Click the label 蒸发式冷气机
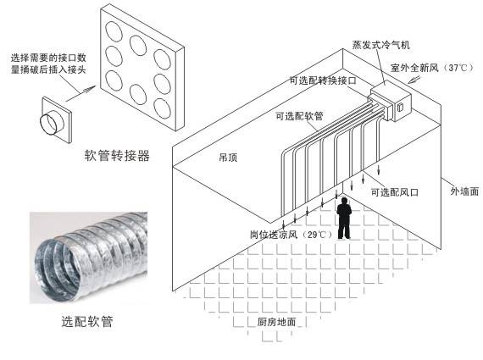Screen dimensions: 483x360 (x=381, y=45)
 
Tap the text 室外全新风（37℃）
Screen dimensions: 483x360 (x=432, y=68)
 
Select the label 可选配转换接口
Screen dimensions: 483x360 (x=323, y=80)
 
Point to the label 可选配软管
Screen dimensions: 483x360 (x=299, y=116)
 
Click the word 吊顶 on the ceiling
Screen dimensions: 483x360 (x=228, y=158)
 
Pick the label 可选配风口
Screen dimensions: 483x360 (x=395, y=192)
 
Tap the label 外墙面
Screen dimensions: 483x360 (x=464, y=191)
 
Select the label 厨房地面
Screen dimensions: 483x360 (x=276, y=322)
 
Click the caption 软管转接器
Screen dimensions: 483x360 (x=117, y=156)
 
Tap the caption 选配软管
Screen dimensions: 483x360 (x=87, y=322)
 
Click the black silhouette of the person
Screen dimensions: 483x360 (x=344, y=218)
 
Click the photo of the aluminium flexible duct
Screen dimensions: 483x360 (x=88, y=258)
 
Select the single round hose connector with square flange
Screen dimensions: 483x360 (x=56, y=120)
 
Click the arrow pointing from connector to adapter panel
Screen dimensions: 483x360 (x=80, y=93)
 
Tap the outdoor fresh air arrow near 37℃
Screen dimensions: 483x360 (x=414, y=79)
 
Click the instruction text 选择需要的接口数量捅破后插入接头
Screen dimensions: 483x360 (x=48, y=64)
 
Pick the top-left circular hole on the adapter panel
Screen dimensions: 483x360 (x=114, y=30)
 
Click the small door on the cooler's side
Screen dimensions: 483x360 (x=400, y=108)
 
